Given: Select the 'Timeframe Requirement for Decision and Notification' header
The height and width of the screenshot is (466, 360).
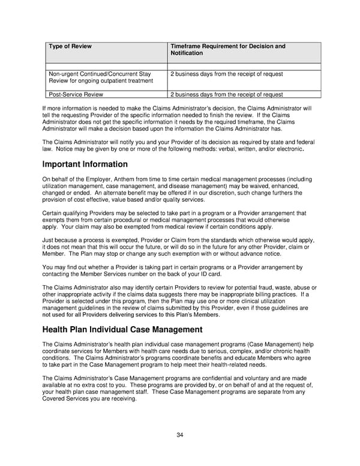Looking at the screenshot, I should pyautogui.click(x=227, y=49).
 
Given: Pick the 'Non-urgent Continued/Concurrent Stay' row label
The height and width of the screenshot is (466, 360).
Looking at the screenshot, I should pyautogui.click(x=100, y=74).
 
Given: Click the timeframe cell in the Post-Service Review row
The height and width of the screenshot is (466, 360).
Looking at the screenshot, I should pyautogui.click(x=227, y=94).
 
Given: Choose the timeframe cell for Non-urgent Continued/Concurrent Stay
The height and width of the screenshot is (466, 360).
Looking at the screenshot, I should pyautogui.click(x=227, y=74).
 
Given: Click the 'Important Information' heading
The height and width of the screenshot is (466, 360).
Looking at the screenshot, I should pyautogui.click(x=85, y=164).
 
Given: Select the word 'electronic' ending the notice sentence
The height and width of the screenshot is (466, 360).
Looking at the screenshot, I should pyautogui.click(x=287, y=148).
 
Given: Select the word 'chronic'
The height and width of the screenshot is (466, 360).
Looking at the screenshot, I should pyautogui.click(x=283, y=351).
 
